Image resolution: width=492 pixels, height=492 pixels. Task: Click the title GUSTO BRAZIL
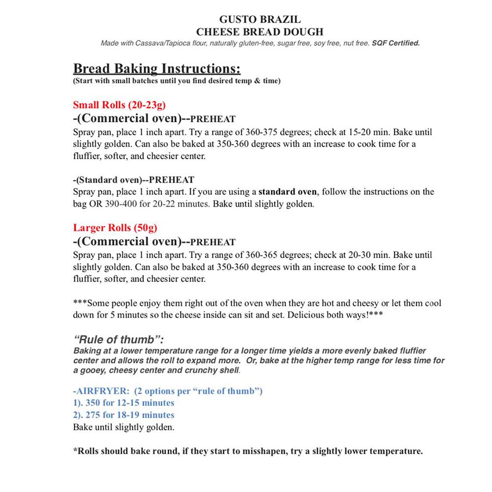pos(259,20)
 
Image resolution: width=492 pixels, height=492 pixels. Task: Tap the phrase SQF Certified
pos(396,43)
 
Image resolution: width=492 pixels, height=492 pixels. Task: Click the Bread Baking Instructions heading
pos(156,68)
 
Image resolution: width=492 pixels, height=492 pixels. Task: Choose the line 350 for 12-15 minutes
pos(123,403)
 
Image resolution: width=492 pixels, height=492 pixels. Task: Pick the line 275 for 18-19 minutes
pos(123,415)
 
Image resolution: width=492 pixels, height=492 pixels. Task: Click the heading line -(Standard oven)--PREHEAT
pos(133,180)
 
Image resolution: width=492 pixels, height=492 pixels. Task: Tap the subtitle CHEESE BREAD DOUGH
pos(259,32)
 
